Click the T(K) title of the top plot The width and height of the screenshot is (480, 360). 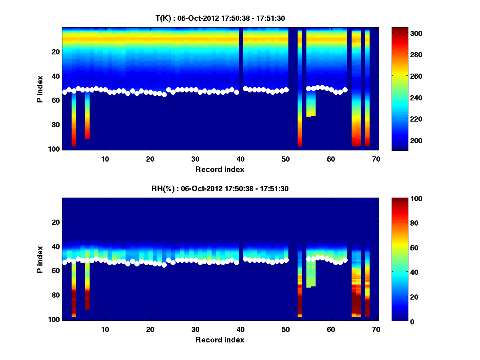tap(220, 18)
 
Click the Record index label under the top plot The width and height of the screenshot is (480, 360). tap(220, 169)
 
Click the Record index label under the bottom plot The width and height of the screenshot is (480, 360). tap(220, 340)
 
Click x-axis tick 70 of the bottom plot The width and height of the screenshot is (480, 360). tap(376, 329)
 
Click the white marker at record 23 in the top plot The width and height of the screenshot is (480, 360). tap(164, 95)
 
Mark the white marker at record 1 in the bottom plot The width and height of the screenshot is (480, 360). tap(64, 263)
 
